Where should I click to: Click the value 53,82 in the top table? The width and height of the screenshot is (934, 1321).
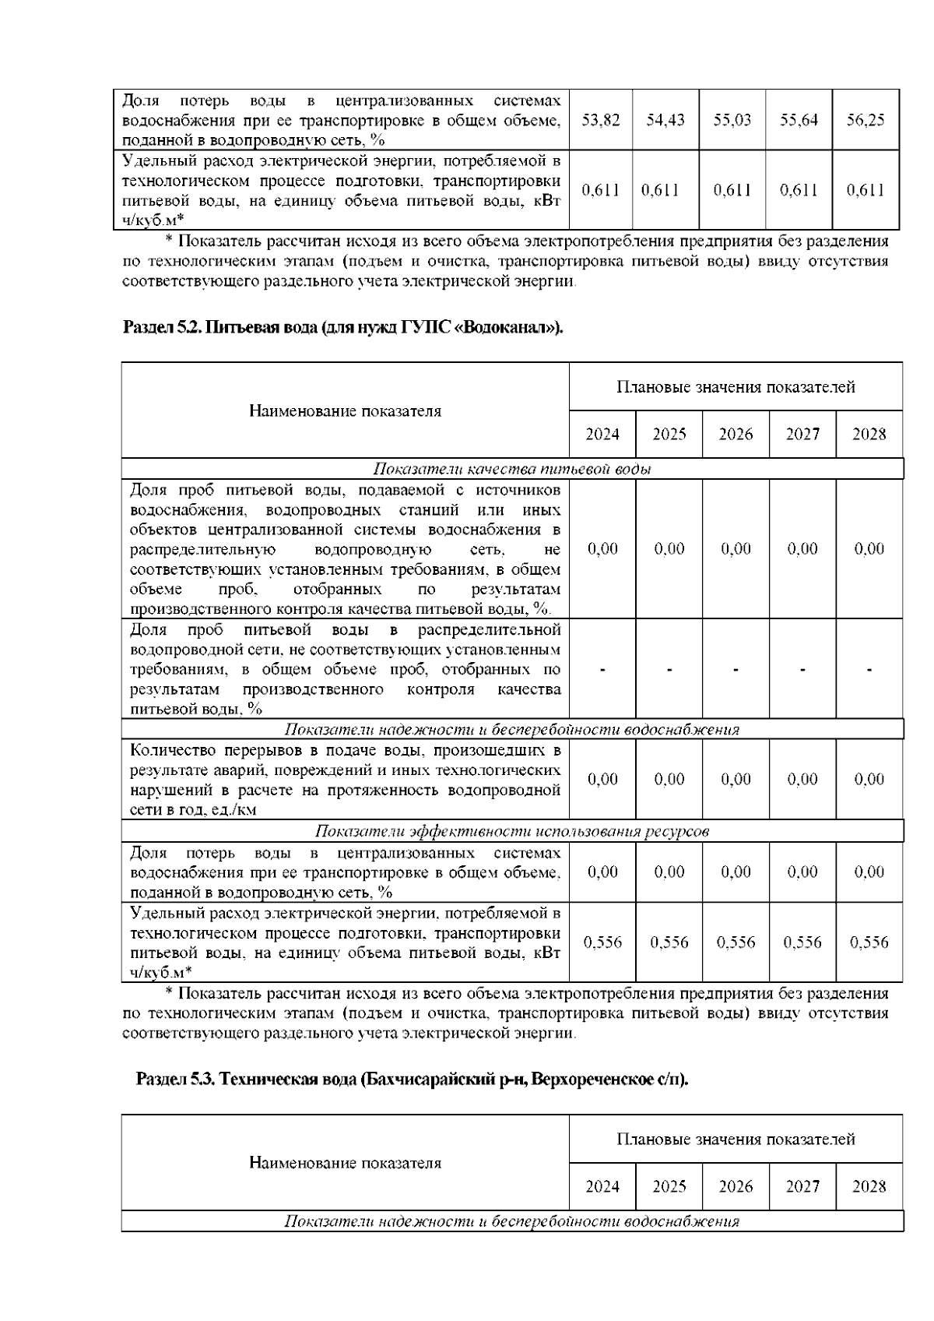(x=601, y=121)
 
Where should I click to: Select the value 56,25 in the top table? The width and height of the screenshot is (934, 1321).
(x=866, y=121)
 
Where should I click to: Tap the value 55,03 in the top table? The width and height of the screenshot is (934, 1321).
(x=732, y=121)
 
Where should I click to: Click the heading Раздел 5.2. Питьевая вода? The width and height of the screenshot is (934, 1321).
(x=343, y=327)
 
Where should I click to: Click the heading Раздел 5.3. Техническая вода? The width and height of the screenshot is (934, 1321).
(x=413, y=1080)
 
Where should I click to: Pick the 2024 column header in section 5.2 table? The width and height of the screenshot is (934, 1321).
(x=602, y=434)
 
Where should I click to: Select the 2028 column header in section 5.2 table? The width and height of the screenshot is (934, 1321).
(x=869, y=434)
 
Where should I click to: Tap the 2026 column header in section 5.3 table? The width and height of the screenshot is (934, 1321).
(x=736, y=1186)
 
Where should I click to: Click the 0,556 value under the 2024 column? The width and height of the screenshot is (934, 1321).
(x=602, y=942)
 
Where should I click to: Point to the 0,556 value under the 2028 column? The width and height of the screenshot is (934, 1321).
(x=869, y=942)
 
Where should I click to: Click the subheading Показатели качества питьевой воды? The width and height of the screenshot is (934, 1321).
(x=512, y=469)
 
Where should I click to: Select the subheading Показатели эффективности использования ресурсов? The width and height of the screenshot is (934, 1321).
(x=512, y=831)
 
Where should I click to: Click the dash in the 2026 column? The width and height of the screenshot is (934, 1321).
(x=736, y=669)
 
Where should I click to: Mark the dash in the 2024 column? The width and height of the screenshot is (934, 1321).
(x=602, y=669)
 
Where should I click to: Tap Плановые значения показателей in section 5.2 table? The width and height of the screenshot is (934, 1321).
(x=736, y=387)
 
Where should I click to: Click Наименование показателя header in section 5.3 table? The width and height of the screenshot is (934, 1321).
(x=345, y=1163)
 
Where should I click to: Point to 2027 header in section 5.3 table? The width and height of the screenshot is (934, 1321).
(x=802, y=1186)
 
